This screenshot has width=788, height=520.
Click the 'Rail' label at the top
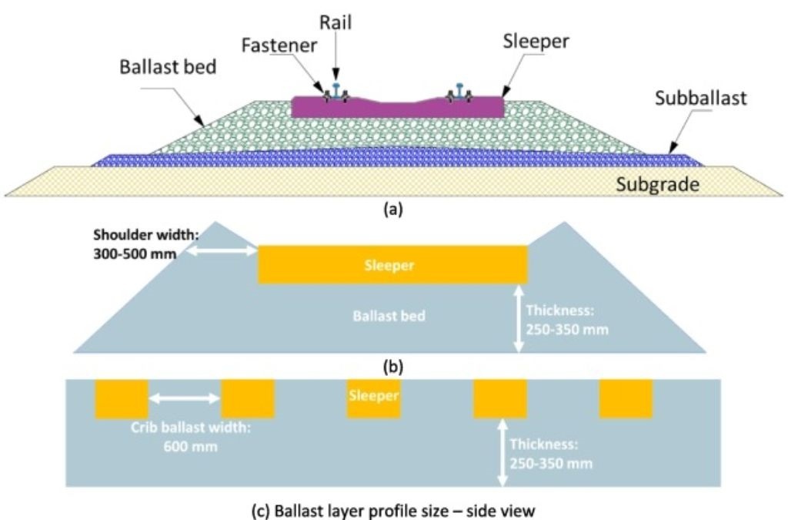coord(336,22)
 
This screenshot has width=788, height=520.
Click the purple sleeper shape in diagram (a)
coord(398,108)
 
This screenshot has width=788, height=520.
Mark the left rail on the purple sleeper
coord(336,91)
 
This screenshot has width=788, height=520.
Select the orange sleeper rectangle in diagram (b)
coord(392,265)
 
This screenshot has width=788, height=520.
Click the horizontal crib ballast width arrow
coord(184,398)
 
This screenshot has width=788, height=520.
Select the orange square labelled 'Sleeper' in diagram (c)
coord(373,398)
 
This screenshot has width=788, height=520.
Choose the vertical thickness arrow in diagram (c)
coord(502,451)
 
